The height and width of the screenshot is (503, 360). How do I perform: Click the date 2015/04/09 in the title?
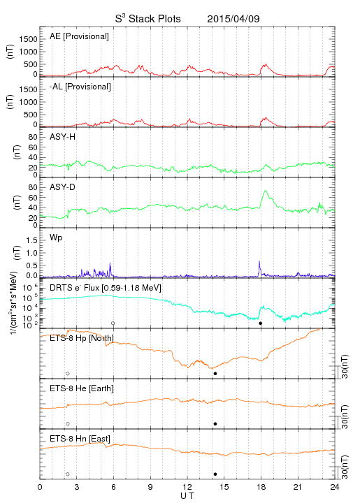coord(233,19)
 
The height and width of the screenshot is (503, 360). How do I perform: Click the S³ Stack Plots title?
coord(148,18)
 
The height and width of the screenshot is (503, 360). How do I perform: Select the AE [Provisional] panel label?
coord(79,36)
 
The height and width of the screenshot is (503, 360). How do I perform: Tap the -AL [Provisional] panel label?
coord(80,87)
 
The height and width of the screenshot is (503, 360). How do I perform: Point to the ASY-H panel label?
coord(63,137)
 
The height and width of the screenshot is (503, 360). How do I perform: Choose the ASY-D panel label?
coord(63,187)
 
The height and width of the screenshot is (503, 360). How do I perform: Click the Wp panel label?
coord(56,238)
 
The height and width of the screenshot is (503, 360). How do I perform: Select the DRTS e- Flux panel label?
coord(106,288)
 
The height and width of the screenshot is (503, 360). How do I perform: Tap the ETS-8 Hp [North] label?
coord(82,338)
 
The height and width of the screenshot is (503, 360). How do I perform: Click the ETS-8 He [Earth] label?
coord(82,388)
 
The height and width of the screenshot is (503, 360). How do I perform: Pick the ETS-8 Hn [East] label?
coord(80,439)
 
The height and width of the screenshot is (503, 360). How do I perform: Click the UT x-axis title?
coord(187,495)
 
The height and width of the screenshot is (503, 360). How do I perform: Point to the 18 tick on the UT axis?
coord(261,487)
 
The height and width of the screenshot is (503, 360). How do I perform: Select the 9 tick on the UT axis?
coord(150,487)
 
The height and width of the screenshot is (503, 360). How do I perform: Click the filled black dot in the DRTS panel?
coord(261,323)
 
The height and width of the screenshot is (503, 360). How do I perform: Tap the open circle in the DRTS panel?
coord(113,323)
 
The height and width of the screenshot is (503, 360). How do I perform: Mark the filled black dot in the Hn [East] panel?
coord(215,474)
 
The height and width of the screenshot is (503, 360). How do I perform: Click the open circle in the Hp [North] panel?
coord(68,374)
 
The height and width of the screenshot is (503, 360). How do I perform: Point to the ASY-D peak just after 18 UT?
coord(266,191)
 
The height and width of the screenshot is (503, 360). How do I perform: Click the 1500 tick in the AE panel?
coord(28,39)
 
